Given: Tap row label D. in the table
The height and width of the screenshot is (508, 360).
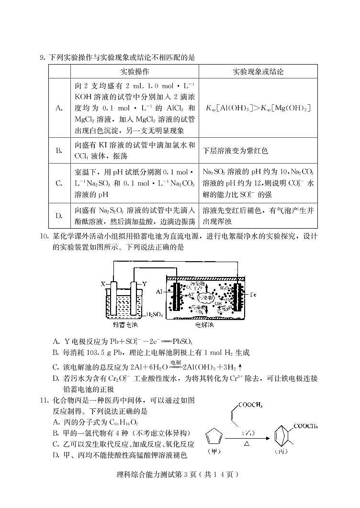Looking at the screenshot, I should point(59,216).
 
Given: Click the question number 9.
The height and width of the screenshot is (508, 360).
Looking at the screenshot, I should point(42,58).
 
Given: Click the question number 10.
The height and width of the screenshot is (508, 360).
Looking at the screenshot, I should point(44,236).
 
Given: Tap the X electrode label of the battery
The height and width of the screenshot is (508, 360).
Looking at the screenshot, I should point(103,284).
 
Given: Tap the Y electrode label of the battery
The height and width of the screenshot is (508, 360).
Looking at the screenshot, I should point(145,284).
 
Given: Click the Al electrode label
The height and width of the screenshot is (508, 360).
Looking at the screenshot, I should point(159,291).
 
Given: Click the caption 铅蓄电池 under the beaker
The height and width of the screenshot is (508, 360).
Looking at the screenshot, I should point(125,325).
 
